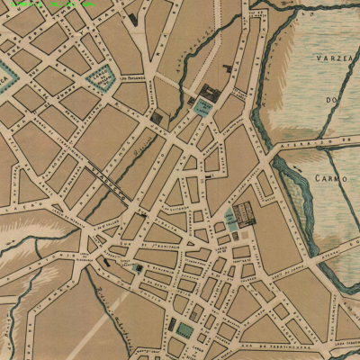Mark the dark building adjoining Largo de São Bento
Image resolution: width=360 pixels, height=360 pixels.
pos(212,93)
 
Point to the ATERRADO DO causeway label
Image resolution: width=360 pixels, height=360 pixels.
pos(319,142)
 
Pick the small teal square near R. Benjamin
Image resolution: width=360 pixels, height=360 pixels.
pos(138,267)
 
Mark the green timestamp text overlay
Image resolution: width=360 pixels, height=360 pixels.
pos(50,4)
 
